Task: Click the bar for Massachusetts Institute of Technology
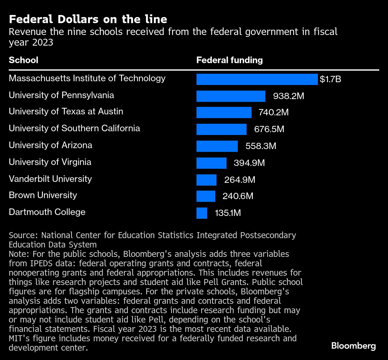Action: click(257, 79)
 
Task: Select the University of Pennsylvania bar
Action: click(231, 96)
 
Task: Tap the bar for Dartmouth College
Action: click(202, 213)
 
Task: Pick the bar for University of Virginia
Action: click(211, 163)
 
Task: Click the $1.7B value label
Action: click(330, 79)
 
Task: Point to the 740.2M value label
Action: click(273, 112)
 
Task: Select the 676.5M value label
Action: click(269, 129)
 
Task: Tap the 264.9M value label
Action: click(240, 180)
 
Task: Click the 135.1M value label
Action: click(228, 213)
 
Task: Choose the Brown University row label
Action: click(43, 195)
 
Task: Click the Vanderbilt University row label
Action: click(50, 179)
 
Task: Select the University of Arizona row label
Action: click(50, 145)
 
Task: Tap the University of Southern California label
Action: click(74, 128)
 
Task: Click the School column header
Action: click(23, 60)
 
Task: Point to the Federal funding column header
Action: click(229, 60)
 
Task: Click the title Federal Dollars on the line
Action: click(88, 19)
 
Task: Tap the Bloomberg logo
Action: click(353, 346)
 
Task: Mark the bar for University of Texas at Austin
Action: click(224, 112)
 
